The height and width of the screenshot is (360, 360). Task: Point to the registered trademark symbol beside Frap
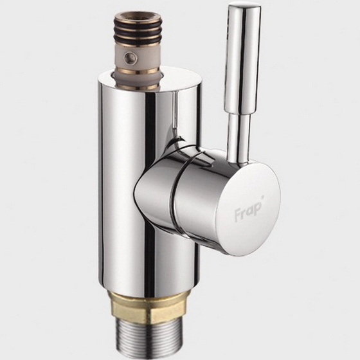click(x=263, y=197)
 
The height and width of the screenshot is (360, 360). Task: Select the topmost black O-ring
click(x=138, y=24)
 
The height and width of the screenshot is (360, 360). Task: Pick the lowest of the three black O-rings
click(x=138, y=41)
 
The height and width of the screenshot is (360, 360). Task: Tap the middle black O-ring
click(x=138, y=33)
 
